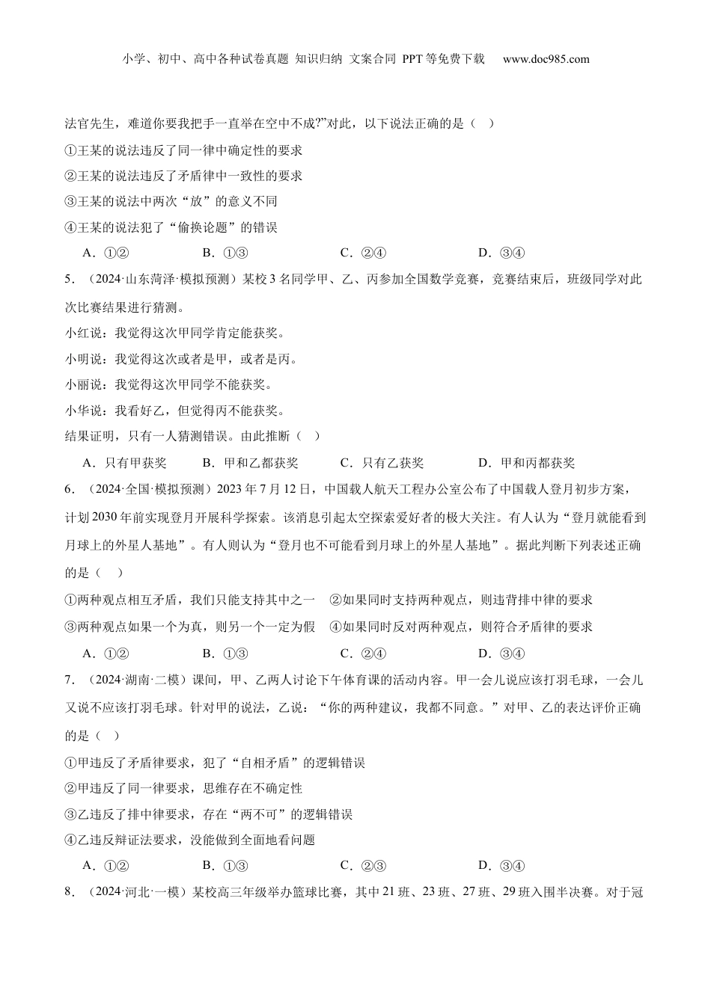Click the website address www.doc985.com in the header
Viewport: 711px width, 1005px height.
click(x=546, y=59)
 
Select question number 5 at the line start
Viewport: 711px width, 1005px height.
click(x=69, y=280)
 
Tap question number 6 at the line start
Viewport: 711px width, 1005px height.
click(x=69, y=490)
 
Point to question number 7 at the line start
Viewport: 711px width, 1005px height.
click(x=69, y=680)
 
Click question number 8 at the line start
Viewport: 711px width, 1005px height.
click(x=69, y=891)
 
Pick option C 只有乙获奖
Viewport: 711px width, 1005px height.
click(x=382, y=463)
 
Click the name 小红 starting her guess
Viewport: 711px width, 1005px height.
click(x=77, y=334)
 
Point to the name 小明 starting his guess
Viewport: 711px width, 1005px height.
click(x=77, y=359)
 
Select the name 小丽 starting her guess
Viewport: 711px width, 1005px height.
click(x=77, y=385)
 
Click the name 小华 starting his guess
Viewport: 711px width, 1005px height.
click(x=77, y=411)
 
